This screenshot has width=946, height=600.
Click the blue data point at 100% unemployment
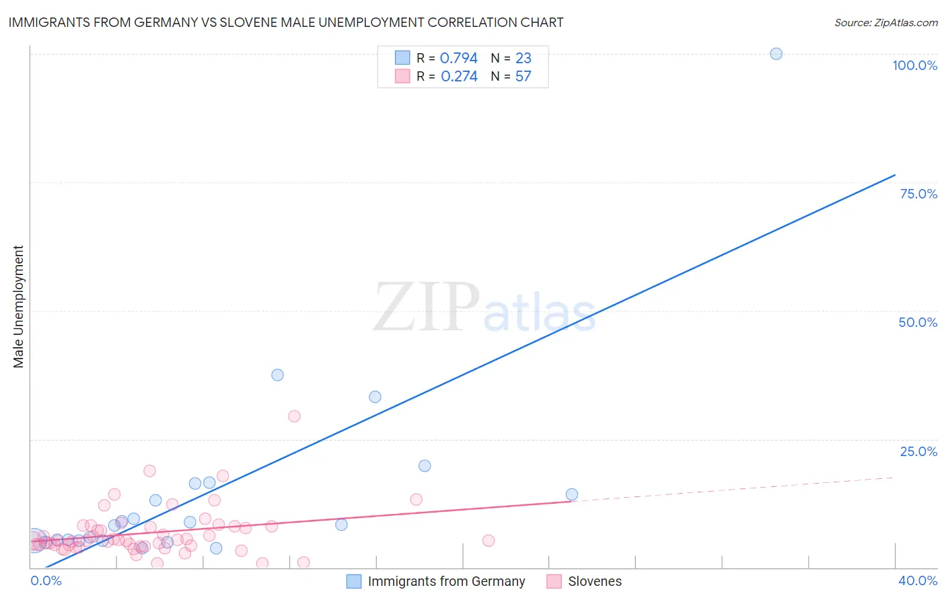tap(776, 54)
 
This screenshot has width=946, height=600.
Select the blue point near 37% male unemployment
tap(277, 375)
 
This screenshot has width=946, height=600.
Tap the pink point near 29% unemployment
tap(294, 416)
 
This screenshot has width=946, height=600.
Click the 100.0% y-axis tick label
tap(914, 65)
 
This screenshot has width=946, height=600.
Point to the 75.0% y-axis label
tap(918, 194)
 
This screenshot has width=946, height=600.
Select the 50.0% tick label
tap(918, 322)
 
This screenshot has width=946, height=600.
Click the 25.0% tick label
tap(918, 451)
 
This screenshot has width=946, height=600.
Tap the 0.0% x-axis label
tap(46, 580)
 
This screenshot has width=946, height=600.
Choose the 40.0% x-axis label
tap(918, 580)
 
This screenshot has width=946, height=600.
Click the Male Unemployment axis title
tap(18, 307)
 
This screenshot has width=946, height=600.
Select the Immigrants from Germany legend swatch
tap(354, 581)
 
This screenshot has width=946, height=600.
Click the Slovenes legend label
tap(595, 581)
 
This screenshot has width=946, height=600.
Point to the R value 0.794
tap(459, 59)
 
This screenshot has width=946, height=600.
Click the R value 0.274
tap(459, 77)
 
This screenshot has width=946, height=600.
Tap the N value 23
tap(523, 59)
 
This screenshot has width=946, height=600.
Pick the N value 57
tap(523, 77)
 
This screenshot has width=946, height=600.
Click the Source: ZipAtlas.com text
tap(885, 23)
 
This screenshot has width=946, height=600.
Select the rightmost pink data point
tap(488, 540)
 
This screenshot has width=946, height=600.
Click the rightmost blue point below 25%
tap(572, 494)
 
